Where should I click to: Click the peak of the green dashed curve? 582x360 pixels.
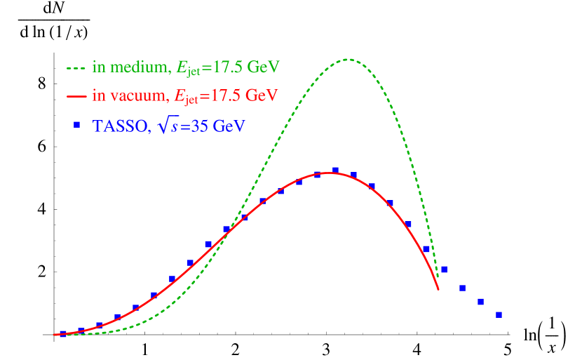coord(348,59)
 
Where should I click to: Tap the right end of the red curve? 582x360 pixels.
coord(438,289)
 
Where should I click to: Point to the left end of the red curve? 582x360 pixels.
coord(54,335)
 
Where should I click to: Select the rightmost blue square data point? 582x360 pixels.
coord(499,315)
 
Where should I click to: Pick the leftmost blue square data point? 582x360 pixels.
coord(63,334)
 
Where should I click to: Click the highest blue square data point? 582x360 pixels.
coord(335,170)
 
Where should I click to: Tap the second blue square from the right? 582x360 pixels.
coord(480,302)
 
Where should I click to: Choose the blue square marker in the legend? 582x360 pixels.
coord(76,125)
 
